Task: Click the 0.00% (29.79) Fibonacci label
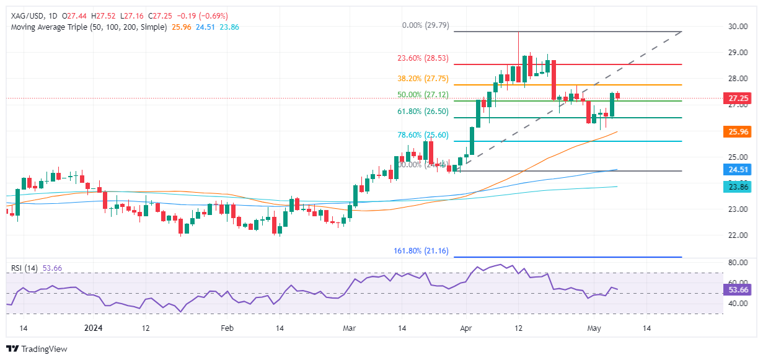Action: pyautogui.click(x=425, y=26)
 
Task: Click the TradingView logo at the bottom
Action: pyautogui.click(x=37, y=349)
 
